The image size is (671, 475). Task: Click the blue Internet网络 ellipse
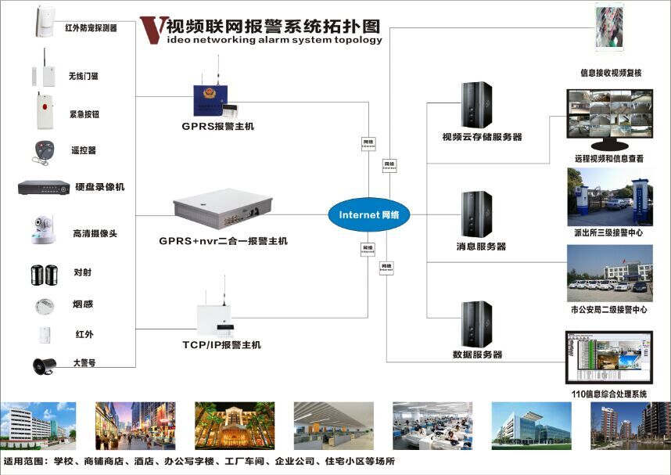pos(368,215)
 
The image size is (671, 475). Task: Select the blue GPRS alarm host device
pos(217,98)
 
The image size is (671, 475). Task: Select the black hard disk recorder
pos(44,187)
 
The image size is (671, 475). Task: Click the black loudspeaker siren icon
pos(43,364)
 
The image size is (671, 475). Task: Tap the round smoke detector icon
pos(44,304)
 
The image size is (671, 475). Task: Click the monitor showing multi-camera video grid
pos(609,118)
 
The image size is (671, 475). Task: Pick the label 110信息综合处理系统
pos(610,394)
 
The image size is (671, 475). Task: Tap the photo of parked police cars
pos(610,274)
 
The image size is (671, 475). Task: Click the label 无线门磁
pos(84,76)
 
